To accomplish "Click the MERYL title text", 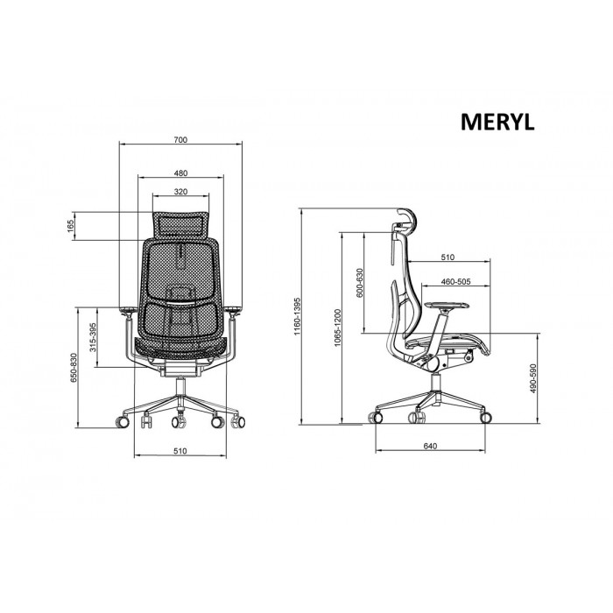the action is (x=497, y=122).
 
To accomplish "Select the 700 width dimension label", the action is (x=180, y=139).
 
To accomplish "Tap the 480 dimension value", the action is (x=180, y=173).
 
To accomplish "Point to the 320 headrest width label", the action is (x=180, y=192).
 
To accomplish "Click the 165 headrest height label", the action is (x=70, y=226).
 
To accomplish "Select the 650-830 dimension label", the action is (x=74, y=368).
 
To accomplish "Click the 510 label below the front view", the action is (x=180, y=451).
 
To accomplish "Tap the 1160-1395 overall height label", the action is (x=297, y=316).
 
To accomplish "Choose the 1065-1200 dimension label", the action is (x=338, y=328).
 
